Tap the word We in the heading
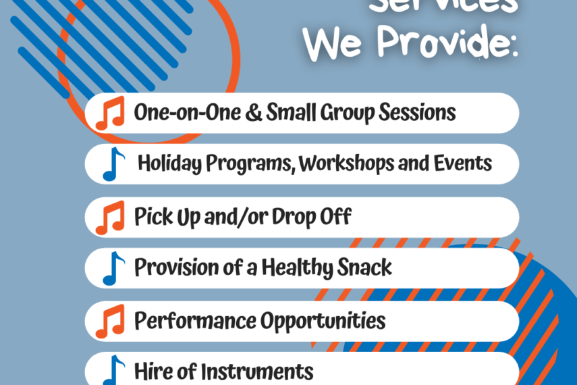click(335, 45)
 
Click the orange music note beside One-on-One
click(110, 113)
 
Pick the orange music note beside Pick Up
click(110, 217)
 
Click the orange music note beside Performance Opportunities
click(110, 321)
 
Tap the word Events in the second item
click(466, 163)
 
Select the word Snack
click(366, 267)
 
